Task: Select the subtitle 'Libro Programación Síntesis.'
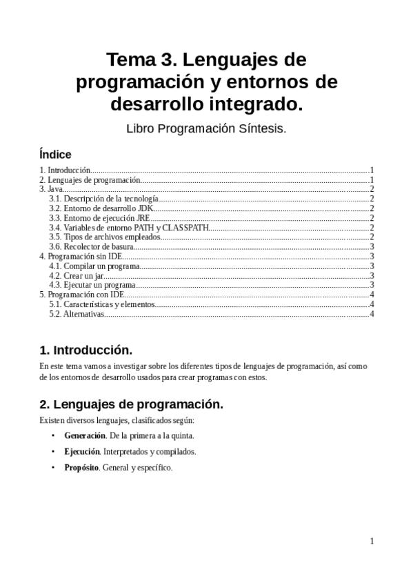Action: [x=206, y=128]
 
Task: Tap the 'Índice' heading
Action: [x=55, y=155]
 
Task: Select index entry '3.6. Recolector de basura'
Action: [x=90, y=246]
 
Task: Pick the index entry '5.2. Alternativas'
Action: [x=77, y=314]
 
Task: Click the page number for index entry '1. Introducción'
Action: [x=372, y=170]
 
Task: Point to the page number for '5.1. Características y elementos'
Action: [x=372, y=304]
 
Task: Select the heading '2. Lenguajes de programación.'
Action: [x=131, y=404]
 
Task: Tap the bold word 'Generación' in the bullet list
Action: [x=85, y=436]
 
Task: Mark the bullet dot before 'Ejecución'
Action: [x=54, y=452]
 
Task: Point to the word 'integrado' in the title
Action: [x=263, y=105]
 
